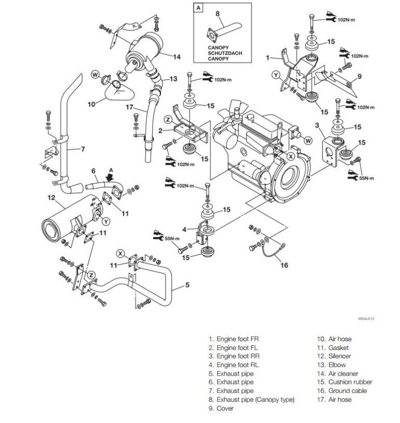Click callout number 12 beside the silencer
click(51, 197)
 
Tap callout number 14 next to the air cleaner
click(177, 57)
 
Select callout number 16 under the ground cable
click(284, 265)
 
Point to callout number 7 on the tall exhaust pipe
click(82, 150)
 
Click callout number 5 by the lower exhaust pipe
click(187, 285)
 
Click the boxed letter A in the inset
click(198, 8)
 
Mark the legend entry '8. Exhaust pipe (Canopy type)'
click(251, 399)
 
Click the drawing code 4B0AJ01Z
click(367, 317)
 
